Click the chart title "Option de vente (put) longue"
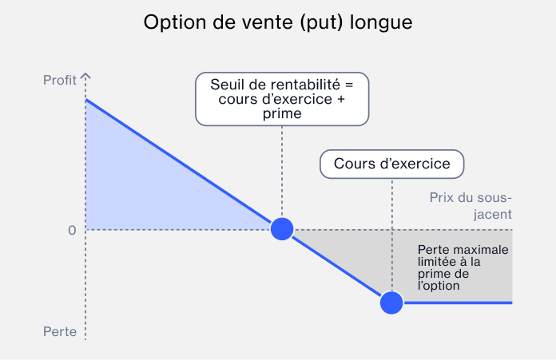click(278, 23)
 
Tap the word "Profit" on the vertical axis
click(60, 80)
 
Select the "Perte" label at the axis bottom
click(60, 331)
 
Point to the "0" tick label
click(72, 231)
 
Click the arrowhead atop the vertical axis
click(85, 76)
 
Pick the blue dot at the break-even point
click(282, 229)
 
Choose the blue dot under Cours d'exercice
click(391, 303)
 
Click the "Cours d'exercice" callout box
click(391, 164)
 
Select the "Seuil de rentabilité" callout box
click(282, 99)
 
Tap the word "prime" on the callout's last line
click(282, 113)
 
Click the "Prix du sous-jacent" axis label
click(471, 206)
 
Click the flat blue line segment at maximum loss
click(458, 303)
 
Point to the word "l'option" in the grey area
click(439, 286)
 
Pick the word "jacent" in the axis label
click(493, 215)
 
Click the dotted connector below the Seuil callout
click(282, 172)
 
